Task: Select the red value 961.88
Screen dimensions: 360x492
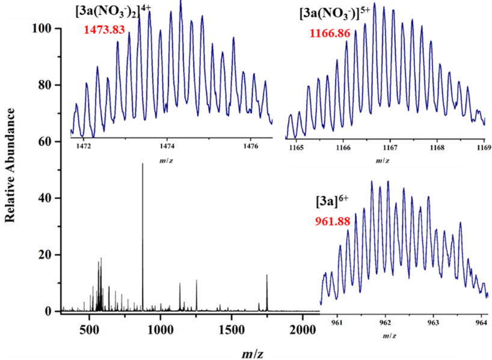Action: click(x=334, y=221)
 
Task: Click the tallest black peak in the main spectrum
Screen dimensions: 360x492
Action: click(x=143, y=165)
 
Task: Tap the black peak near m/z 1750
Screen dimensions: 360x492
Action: click(x=267, y=276)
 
